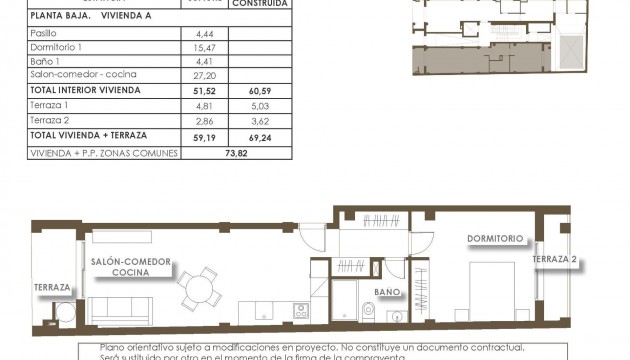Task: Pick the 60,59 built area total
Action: click(x=259, y=90)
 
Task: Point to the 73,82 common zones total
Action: click(x=236, y=153)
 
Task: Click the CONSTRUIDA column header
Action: click(x=259, y=4)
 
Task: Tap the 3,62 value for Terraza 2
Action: click(x=259, y=119)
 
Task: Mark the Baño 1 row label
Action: click(x=46, y=61)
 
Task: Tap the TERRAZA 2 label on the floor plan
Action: click(x=556, y=259)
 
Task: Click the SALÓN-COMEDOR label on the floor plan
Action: click(x=131, y=261)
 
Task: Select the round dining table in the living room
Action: click(x=200, y=288)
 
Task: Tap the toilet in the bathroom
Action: click(x=368, y=311)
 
